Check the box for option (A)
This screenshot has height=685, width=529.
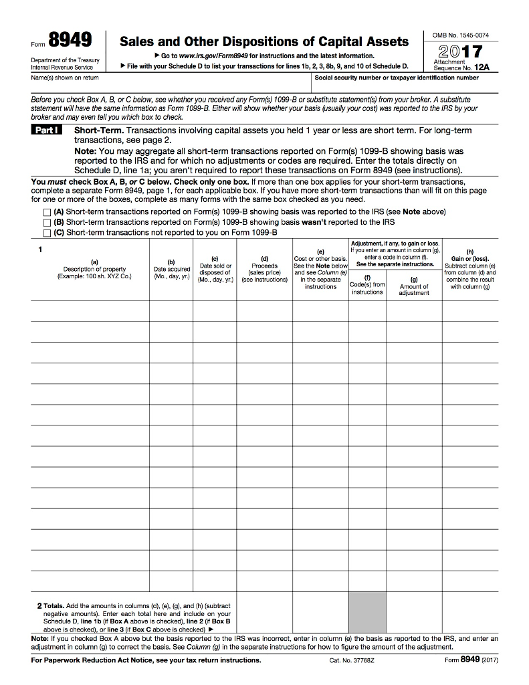tap(47, 212)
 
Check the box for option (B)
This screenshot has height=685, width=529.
tap(47, 222)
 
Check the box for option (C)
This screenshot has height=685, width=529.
tap(47, 233)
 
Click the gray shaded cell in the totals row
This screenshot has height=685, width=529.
tap(366, 613)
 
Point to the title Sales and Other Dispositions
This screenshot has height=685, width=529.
tap(263, 41)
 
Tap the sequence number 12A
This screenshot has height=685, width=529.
tap(483, 68)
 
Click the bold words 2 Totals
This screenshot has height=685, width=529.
tap(50, 605)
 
